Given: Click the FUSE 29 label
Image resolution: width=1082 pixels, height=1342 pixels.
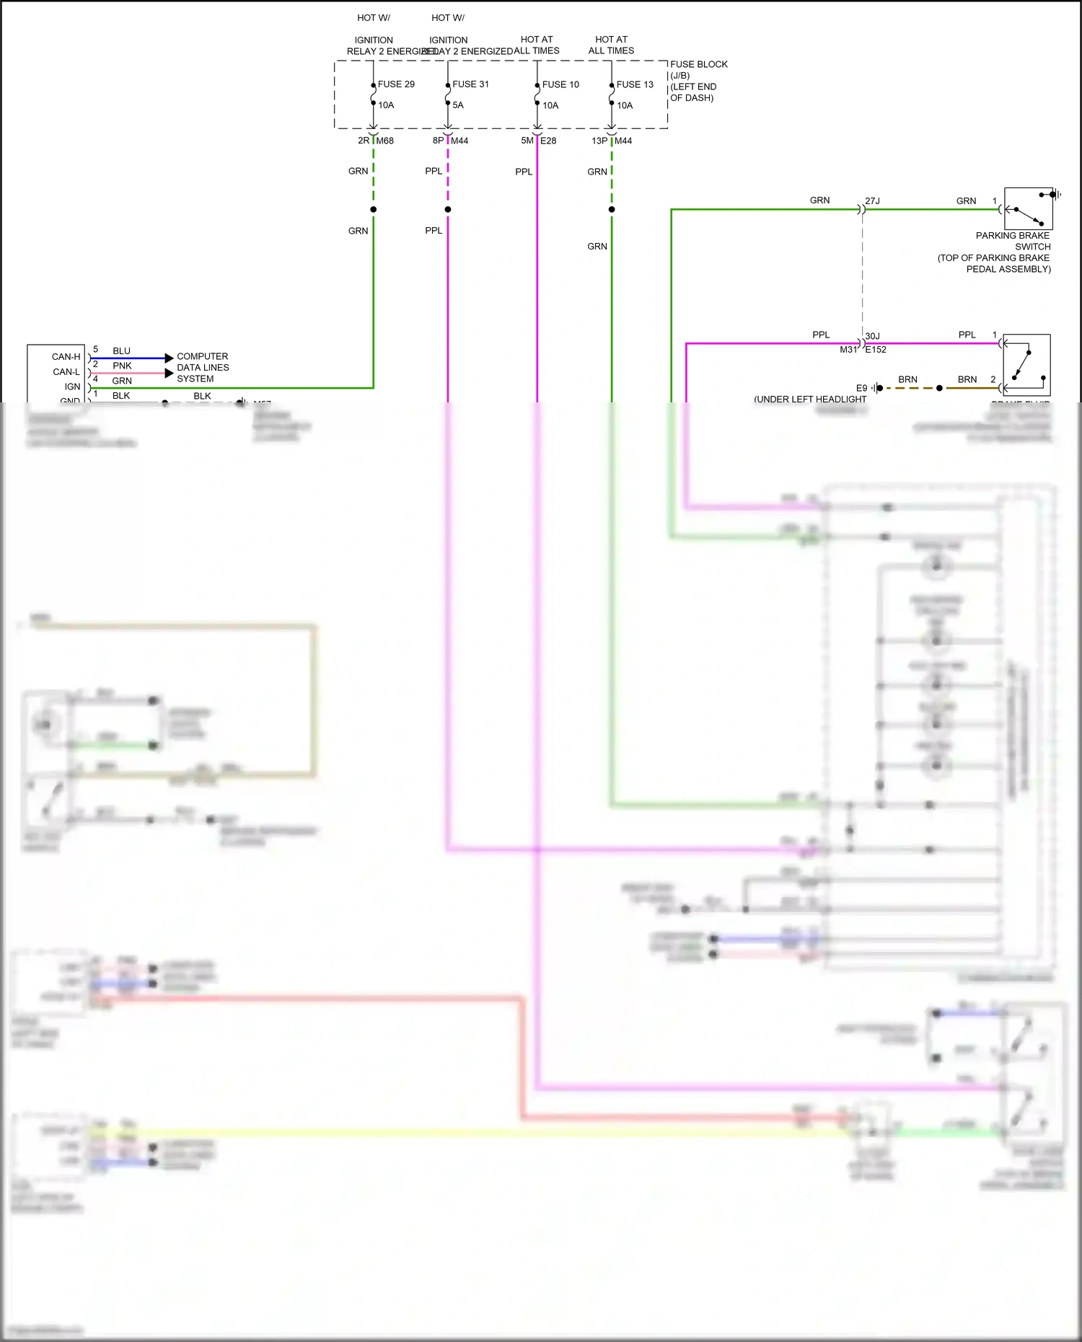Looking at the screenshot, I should click(396, 84).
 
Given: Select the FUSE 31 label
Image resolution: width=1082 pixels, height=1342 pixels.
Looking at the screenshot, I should click(470, 84).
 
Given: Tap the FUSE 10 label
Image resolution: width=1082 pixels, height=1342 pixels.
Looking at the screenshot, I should click(560, 84).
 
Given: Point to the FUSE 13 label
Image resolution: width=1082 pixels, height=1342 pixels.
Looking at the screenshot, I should click(635, 84).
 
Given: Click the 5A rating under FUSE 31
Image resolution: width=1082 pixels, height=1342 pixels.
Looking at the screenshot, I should click(458, 105).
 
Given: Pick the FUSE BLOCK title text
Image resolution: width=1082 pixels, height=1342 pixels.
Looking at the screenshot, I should click(698, 64).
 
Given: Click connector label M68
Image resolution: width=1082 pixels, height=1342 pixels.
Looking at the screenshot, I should click(385, 141).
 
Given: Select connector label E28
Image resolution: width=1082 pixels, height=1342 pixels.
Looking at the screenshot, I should click(548, 141).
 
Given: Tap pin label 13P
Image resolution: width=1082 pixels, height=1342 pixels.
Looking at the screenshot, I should click(599, 141).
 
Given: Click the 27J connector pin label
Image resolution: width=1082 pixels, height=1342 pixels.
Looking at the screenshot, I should click(872, 201).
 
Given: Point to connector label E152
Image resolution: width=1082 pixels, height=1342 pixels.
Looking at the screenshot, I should click(876, 350).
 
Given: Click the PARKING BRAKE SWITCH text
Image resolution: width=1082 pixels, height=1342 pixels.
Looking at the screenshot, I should click(1013, 241).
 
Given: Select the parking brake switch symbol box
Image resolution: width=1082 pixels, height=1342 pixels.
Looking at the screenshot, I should click(1028, 208).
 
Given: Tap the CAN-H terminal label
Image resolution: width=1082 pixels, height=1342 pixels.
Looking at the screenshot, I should click(66, 357).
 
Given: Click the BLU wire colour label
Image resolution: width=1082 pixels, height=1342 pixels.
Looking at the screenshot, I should click(121, 351).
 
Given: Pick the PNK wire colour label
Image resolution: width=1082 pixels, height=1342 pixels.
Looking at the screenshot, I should click(122, 366).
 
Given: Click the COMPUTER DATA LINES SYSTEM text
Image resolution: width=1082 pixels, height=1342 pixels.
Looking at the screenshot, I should click(203, 367).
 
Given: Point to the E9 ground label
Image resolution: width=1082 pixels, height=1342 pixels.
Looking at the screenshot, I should click(861, 388).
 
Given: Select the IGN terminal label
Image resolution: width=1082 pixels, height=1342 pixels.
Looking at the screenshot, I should click(72, 387).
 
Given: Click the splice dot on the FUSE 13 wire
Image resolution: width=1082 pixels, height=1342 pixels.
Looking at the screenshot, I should click(612, 210).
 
